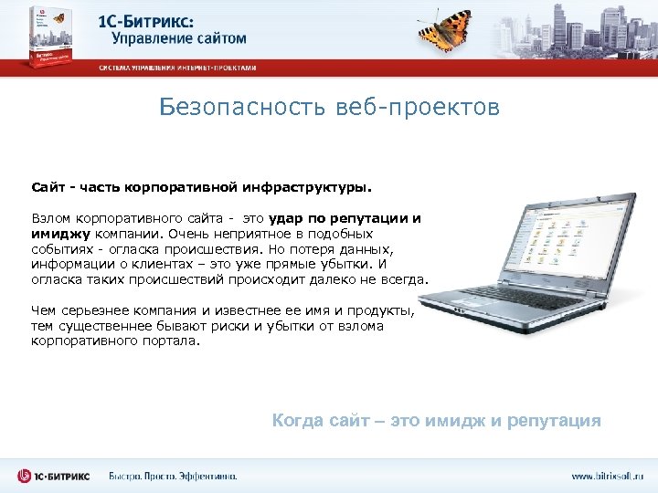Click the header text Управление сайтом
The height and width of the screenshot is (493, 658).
[179, 38]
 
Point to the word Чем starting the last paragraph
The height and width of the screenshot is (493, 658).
[43, 310]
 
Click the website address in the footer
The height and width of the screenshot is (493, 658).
[607, 476]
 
